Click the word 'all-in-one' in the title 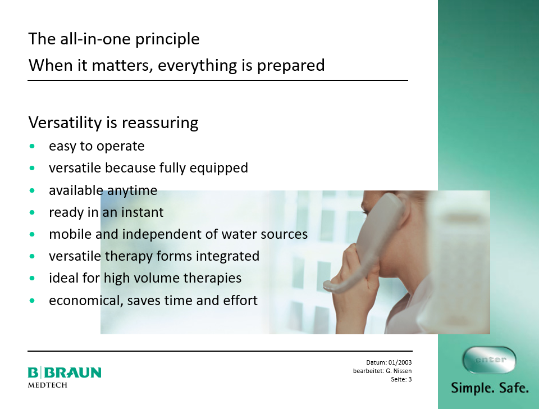coord(95,39)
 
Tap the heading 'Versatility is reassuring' coord(113,123)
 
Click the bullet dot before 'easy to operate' coord(33,146)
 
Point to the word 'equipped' coord(218,168)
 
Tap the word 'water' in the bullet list coord(239,234)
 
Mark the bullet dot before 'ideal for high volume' coord(33,278)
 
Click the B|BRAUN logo coord(65,372)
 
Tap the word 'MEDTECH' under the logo coord(47,385)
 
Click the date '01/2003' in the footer coord(400,362)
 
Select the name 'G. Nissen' coord(399,371)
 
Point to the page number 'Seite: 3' coord(401,379)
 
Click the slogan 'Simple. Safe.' coord(490,388)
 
